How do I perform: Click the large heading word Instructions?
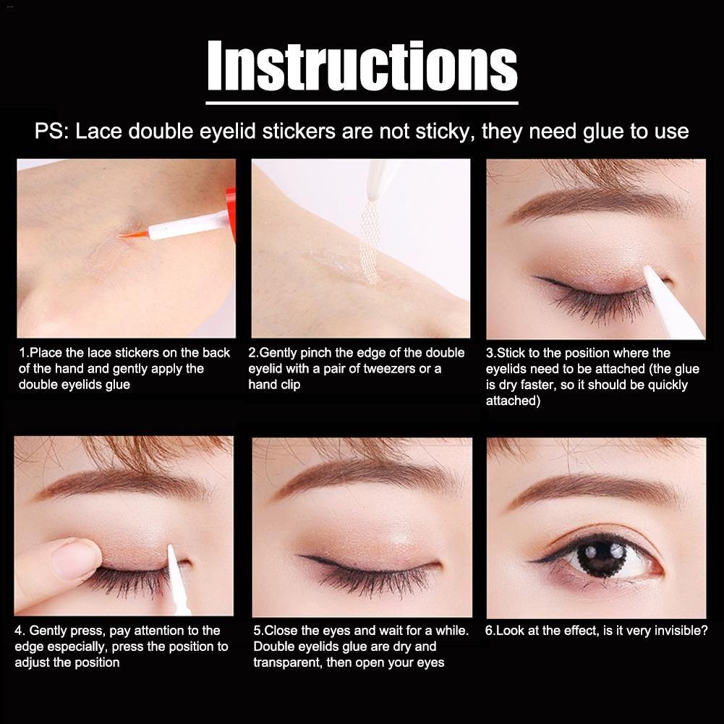click(x=362, y=66)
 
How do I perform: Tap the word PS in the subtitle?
click(x=48, y=131)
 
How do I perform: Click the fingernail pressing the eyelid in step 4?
click(x=73, y=559)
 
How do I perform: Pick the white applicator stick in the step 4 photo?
click(x=178, y=580)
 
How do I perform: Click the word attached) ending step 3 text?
click(x=513, y=400)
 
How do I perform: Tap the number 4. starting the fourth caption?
click(x=20, y=630)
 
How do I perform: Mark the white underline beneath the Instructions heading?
click(x=362, y=103)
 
